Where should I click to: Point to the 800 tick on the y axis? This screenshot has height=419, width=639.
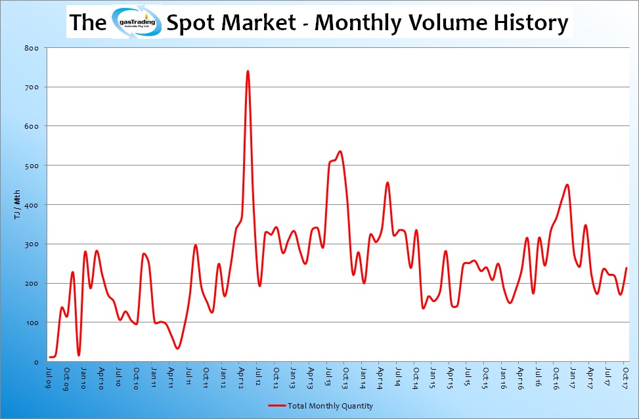pos(32,48)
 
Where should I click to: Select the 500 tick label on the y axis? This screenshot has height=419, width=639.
pos(32,165)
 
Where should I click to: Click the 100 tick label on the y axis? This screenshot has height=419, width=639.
pos(32,322)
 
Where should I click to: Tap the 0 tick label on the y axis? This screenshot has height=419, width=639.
pos(37,362)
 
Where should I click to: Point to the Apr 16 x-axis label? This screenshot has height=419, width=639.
pos(520,376)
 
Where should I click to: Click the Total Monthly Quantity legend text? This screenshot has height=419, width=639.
pos(330,406)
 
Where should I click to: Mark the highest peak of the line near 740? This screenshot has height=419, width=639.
pos(248,71)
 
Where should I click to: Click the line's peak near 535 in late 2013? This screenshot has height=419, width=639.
pos(340,152)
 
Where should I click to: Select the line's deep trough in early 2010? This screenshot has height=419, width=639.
pos(79,355)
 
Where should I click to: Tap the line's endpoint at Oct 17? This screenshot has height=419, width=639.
pos(627,268)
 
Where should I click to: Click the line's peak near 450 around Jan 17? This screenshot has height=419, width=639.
pos(567,185)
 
